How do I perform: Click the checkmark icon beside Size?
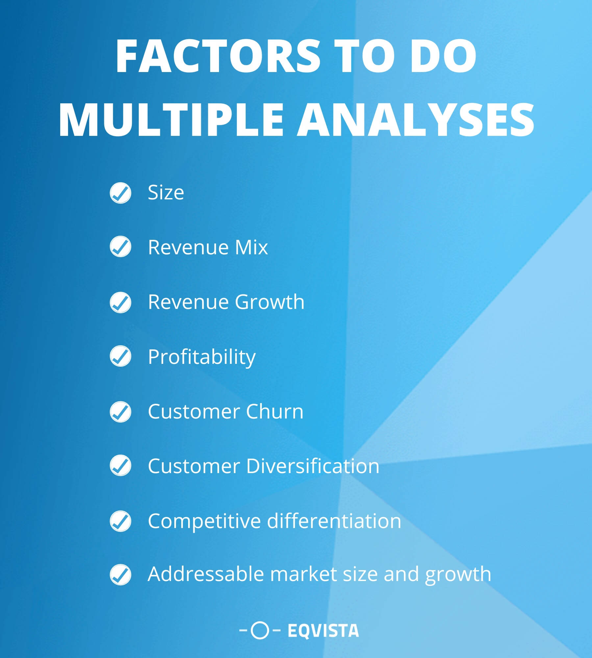tap(120, 193)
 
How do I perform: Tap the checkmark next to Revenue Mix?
tap(120, 246)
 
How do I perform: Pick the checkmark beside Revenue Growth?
tap(120, 302)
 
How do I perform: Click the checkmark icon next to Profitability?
tap(120, 356)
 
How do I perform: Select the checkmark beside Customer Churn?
tap(120, 412)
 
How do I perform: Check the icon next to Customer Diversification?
tap(120, 465)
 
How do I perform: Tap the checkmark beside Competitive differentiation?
tap(120, 521)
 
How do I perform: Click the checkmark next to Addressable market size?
tap(120, 575)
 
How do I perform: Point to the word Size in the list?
tap(166, 192)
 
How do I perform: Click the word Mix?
tap(251, 247)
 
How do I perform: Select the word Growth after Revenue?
tap(270, 302)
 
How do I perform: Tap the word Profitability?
tap(202, 357)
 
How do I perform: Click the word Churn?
tap(275, 412)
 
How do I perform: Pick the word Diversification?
tap(313, 466)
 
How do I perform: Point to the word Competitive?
tap(204, 521)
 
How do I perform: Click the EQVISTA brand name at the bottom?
tap(323, 630)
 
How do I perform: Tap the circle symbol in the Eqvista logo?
tap(260, 630)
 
